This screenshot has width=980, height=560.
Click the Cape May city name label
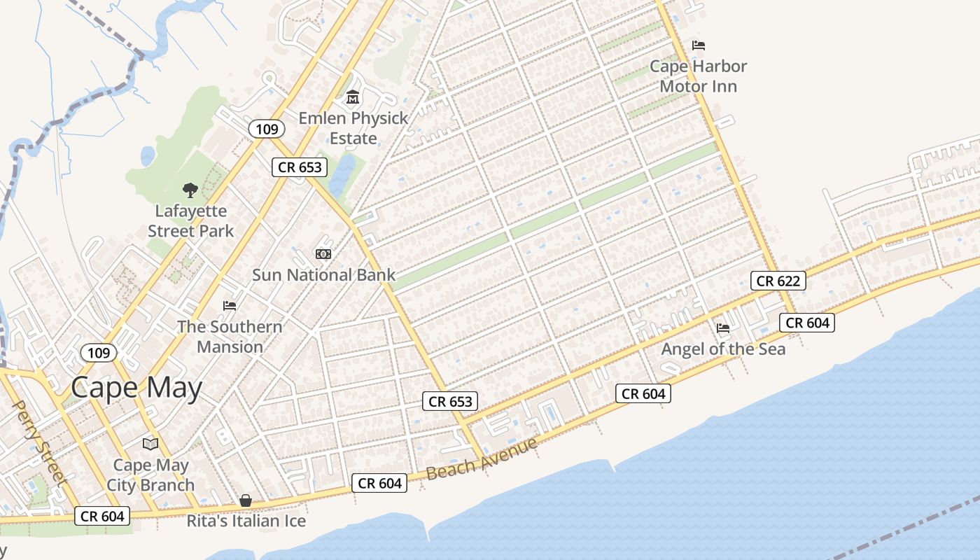coord(136,387)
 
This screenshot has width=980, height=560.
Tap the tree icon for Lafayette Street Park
coord(190,190)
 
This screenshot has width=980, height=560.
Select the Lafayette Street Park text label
coord(190,220)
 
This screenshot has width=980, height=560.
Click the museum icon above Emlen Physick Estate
coord(353,97)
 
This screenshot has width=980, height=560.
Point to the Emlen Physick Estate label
coord(353,128)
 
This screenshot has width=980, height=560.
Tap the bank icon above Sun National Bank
coord(323,253)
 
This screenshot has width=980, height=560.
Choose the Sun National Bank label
coord(323,275)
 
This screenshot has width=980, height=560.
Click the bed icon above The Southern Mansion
coord(230,305)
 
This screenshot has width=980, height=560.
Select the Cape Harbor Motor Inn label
coord(698,76)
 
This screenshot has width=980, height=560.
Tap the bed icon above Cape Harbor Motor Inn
coord(698,45)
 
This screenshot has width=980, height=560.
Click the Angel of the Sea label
coord(723,349)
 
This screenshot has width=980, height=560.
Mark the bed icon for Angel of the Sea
coord(723,328)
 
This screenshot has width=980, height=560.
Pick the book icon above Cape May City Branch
coord(150,444)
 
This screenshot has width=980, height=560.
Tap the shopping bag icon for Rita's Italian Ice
coord(246,500)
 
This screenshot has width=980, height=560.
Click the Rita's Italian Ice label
coord(246,521)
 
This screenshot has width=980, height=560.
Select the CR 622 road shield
coord(778,281)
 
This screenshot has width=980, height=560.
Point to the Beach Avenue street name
coord(482,458)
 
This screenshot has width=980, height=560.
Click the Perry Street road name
coord(39,442)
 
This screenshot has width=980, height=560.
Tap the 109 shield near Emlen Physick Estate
coord(267,129)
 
